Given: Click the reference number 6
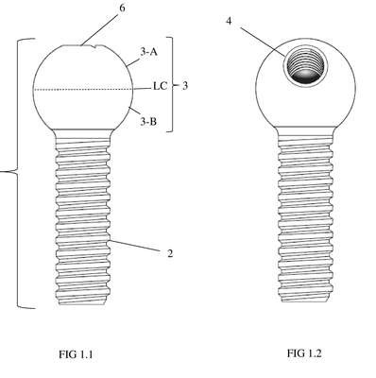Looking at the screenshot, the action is (x=122, y=9).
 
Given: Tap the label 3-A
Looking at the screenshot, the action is (x=148, y=52).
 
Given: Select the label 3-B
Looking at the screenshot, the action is (x=148, y=121).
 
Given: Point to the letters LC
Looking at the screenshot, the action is (x=160, y=86).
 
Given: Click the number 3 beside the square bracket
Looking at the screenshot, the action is (x=185, y=86).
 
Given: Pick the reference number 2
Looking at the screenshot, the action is (x=170, y=253).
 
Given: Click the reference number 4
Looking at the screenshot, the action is (x=229, y=22).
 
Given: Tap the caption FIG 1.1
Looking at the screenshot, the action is (x=76, y=354).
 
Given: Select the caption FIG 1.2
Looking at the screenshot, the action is (x=304, y=353).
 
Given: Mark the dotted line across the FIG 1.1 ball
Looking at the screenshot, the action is (x=83, y=90).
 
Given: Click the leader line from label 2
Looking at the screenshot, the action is (x=136, y=247).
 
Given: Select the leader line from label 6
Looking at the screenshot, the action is (x=100, y=29).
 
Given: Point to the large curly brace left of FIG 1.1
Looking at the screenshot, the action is (x=17, y=173).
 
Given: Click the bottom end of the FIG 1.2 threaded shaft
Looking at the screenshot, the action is (x=304, y=301).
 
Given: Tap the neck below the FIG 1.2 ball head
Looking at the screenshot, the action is (x=305, y=131).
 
